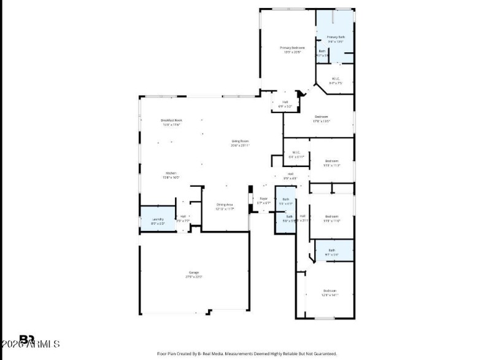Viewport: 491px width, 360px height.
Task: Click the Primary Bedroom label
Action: tap(292, 47)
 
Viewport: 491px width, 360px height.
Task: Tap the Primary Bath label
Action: tap(336, 37)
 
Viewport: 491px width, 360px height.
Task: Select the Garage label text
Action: tap(194, 272)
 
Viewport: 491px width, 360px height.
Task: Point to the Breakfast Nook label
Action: tap(172, 120)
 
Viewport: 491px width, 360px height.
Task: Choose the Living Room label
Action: tap(240, 141)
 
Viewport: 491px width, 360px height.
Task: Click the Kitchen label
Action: tap(171, 173)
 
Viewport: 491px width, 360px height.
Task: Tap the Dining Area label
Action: tap(225, 205)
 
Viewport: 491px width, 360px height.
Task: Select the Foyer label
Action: tap(264, 198)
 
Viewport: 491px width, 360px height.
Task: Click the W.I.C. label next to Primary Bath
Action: tap(336, 79)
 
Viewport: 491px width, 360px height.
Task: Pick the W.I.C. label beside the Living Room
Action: tap(296, 152)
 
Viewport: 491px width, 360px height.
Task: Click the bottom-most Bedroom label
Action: tap(330, 291)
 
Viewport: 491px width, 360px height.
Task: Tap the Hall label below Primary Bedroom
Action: tap(285, 102)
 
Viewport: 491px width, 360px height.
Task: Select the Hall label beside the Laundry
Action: tap(183, 216)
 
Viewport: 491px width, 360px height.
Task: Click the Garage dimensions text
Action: tap(194, 277)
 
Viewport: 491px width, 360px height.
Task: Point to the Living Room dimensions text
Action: tap(240, 146)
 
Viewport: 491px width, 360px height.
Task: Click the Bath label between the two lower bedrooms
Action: tap(331, 250)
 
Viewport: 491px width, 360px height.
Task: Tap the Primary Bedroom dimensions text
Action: tap(292, 52)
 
